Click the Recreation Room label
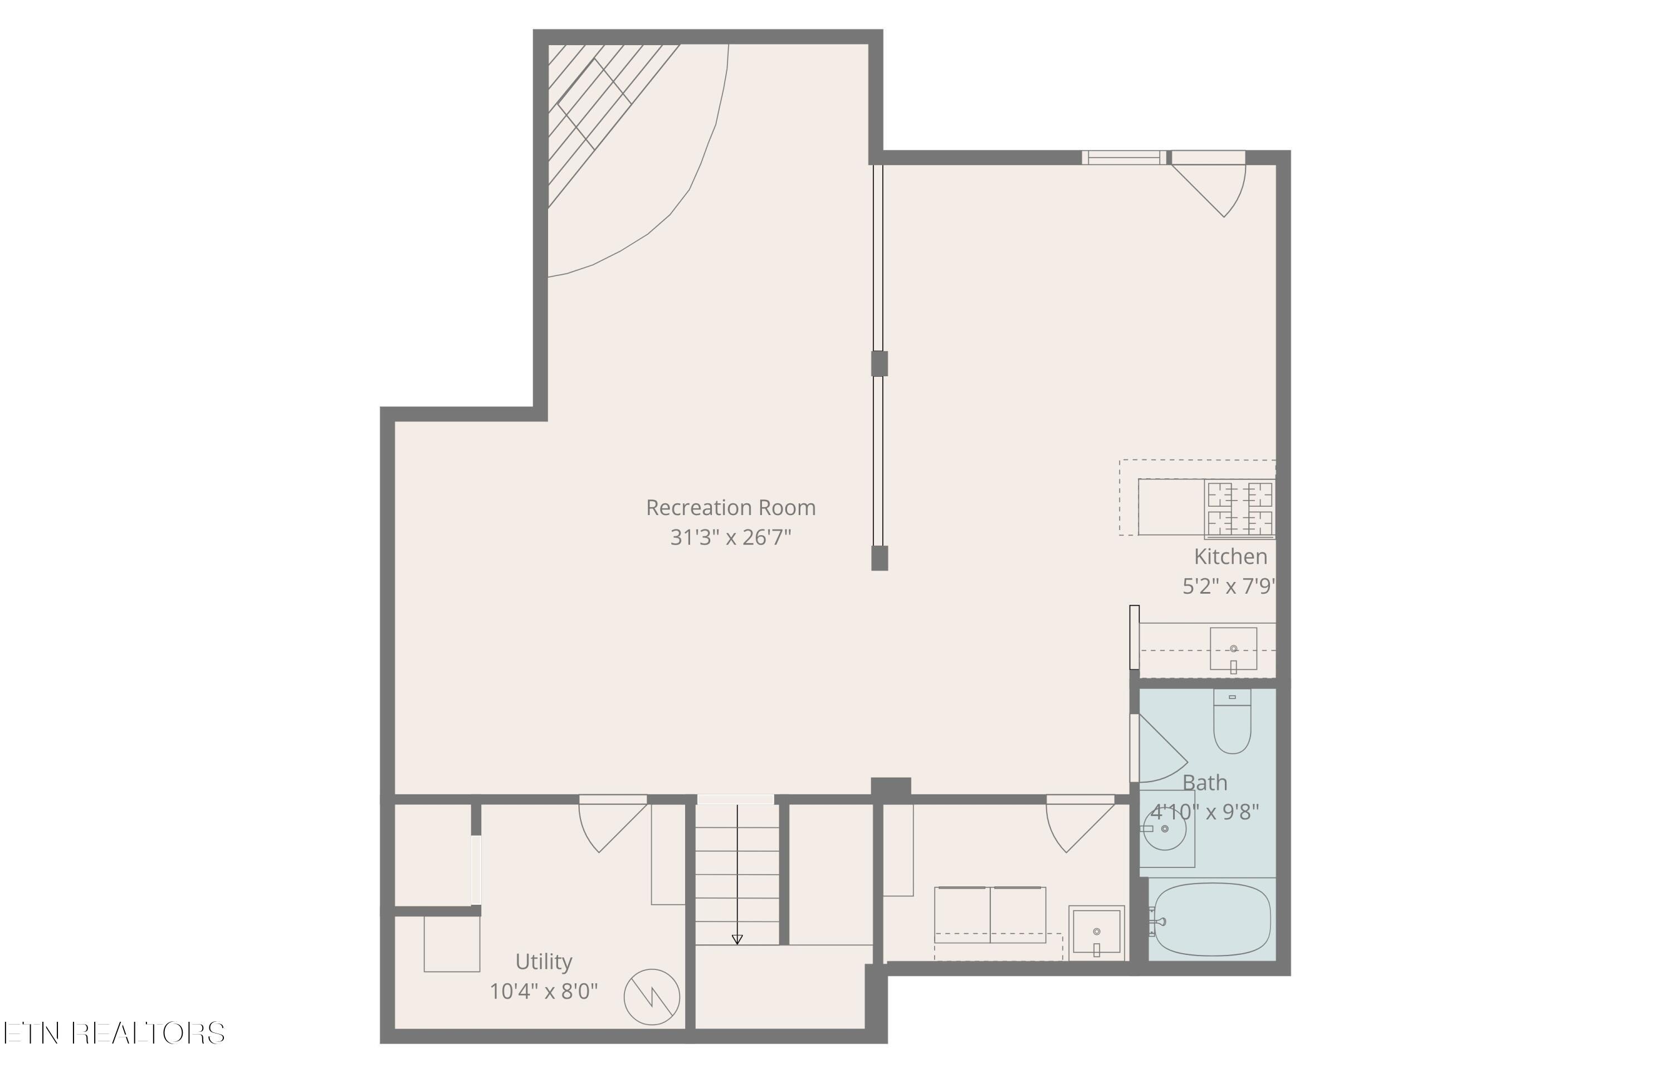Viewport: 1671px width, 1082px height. point(730,507)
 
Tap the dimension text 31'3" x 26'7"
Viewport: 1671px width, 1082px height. point(730,537)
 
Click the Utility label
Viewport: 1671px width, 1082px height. point(544,961)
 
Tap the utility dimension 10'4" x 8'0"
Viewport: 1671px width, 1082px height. point(544,991)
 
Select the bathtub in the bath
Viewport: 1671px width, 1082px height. point(1213,920)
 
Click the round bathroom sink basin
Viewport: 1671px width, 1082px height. point(1165,829)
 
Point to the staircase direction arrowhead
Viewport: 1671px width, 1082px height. point(736,939)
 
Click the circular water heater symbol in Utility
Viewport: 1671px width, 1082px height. point(652,997)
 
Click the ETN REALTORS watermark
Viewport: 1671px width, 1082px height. point(114,1033)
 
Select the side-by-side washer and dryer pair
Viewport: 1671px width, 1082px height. point(990,915)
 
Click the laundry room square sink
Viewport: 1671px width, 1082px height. point(1096,933)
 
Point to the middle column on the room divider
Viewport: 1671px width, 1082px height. point(879,363)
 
